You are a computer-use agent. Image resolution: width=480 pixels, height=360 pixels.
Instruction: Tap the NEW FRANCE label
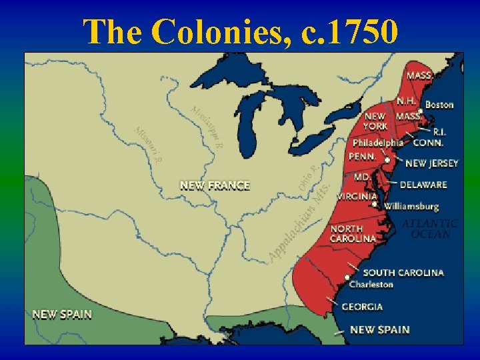point(215,185)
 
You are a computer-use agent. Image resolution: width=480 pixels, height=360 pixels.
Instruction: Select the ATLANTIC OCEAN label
point(430,229)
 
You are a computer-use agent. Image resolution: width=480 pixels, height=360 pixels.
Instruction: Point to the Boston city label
point(439,105)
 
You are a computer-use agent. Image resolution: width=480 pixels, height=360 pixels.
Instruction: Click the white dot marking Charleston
point(347,277)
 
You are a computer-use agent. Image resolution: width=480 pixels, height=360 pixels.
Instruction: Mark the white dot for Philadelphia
point(387,160)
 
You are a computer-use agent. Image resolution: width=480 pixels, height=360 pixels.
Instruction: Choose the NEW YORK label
point(375,121)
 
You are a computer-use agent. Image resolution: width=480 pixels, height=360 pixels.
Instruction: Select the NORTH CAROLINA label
point(353,234)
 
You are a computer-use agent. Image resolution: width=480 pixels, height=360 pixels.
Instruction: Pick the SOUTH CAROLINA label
point(403,273)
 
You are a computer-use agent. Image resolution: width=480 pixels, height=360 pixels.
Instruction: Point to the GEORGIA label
point(362,307)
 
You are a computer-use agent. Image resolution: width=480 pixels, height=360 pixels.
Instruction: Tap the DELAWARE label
point(423,185)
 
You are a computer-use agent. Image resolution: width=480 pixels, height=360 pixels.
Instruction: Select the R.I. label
point(440,132)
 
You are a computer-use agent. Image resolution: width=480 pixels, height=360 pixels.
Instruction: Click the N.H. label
point(406,101)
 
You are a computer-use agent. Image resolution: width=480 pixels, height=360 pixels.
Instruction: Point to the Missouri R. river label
point(148,145)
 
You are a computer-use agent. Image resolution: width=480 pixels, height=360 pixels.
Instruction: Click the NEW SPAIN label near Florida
point(379,329)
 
